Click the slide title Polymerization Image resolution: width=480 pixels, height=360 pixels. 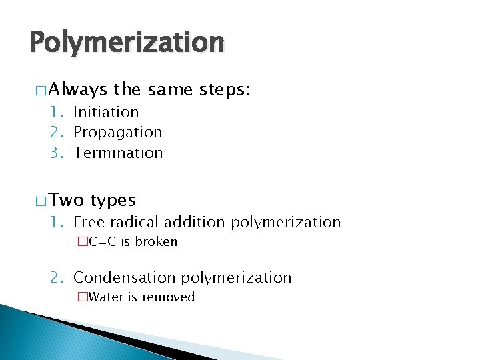127,43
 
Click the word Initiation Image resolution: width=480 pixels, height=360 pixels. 106,112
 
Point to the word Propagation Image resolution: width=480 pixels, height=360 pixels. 117,133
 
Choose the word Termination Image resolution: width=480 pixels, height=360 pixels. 118,153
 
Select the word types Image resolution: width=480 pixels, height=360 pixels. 113,200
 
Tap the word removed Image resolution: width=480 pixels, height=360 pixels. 170,297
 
